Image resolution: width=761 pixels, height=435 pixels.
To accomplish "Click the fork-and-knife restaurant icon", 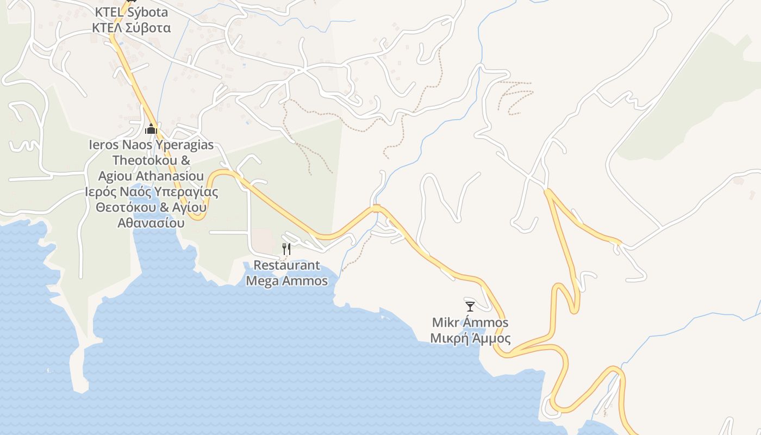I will point(286,249).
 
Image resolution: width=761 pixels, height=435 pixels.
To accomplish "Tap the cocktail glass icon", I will point(470,306).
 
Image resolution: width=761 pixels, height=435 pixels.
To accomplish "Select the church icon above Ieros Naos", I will point(151,129).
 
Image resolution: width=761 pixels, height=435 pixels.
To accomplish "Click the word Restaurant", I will point(287,265).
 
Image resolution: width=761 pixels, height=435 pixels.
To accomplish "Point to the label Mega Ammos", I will point(287,281).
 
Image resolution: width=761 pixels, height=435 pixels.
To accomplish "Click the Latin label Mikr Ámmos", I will point(470,322).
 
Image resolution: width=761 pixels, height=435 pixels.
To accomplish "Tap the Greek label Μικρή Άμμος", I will point(470,338).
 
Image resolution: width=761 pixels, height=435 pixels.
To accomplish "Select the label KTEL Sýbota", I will point(131,12).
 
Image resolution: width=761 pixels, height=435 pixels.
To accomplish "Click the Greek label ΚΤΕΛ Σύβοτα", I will point(131,28).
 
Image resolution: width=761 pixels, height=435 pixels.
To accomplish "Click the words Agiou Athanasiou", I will point(151,176).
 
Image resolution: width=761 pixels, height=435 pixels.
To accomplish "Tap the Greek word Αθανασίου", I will point(151,223).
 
